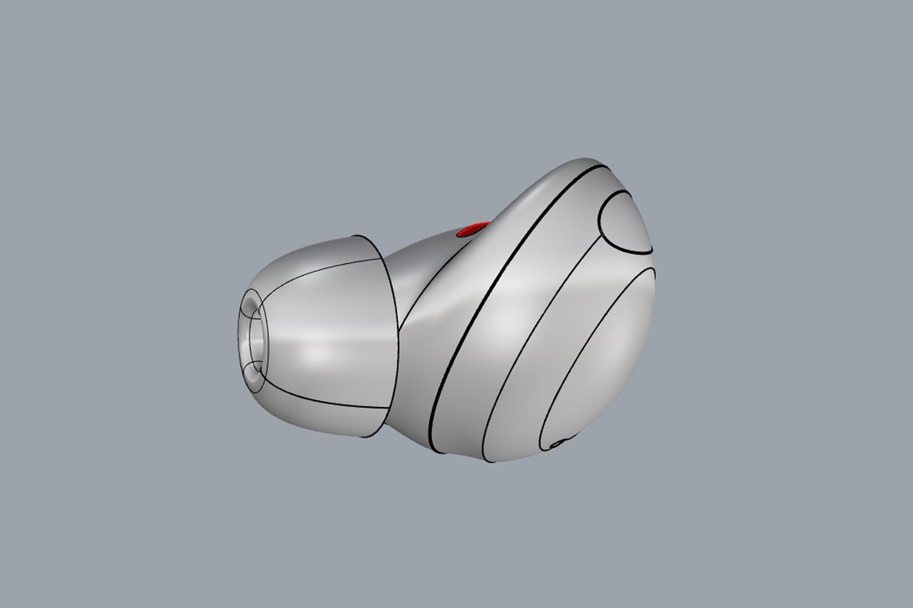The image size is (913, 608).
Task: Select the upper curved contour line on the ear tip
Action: click(323, 271)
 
